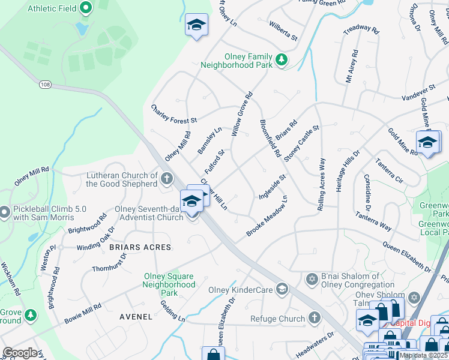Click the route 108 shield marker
click(45, 85)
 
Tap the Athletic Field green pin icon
click(85, 8)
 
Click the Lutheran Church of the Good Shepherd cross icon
click(166, 178)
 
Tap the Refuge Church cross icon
click(314, 319)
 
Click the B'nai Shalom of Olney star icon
click(312, 280)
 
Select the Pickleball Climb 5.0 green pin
click(5, 212)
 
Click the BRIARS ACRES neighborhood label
click(140, 247)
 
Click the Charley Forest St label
click(178, 112)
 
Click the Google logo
click(20, 353)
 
